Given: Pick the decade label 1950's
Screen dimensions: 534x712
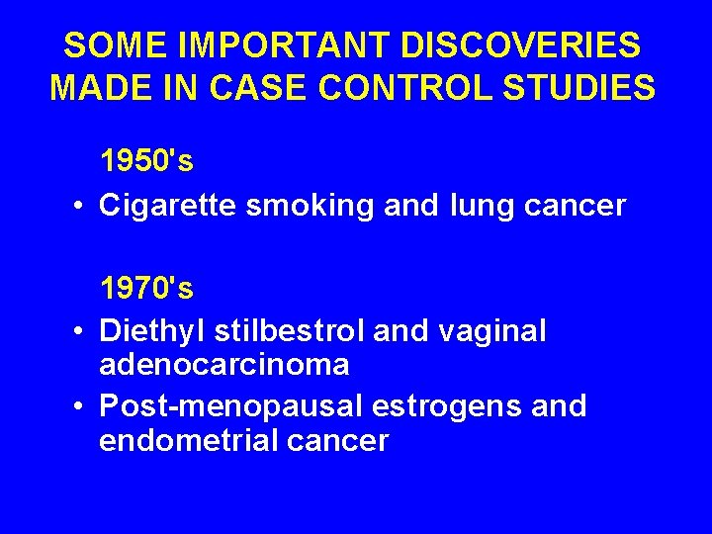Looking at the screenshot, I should pyautogui.click(x=146, y=160).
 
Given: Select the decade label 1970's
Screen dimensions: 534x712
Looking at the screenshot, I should pyautogui.click(x=146, y=289).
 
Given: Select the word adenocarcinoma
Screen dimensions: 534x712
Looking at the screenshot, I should pyautogui.click(x=224, y=365).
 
